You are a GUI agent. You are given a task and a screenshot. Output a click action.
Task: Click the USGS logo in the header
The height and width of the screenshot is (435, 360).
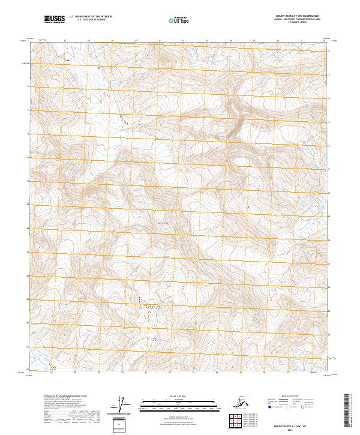pyautogui.click(x=55, y=20)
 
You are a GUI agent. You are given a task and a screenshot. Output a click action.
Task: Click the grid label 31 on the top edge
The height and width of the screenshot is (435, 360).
pyautogui.click(x=160, y=41)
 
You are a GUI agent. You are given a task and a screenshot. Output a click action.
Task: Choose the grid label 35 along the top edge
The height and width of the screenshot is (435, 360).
pyautogui.click(x=254, y=41)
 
